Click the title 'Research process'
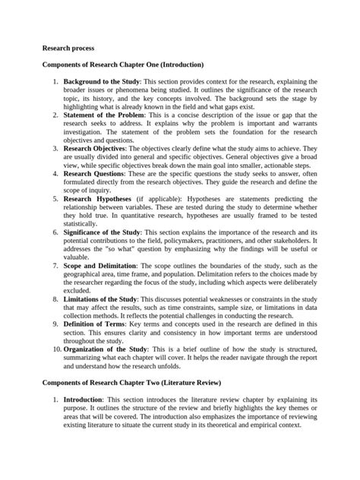(68, 47)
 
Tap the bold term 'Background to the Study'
(100, 81)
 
